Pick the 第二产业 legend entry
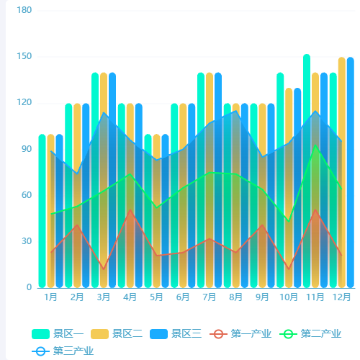[x=310, y=333]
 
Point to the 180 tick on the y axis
[x=24, y=10]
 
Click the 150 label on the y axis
[x=24, y=56]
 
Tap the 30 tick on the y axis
[x=27, y=241]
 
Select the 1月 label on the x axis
[x=51, y=297]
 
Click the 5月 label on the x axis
[x=156, y=297]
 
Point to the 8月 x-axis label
[x=235, y=297]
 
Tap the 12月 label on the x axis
[x=341, y=297]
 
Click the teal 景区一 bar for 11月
[x=307, y=173]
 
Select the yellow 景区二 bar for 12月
[x=341, y=173]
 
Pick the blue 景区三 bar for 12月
[x=350, y=173]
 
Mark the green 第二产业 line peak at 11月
[x=315, y=146]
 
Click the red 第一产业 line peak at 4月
[x=130, y=210]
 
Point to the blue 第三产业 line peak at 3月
[x=104, y=113]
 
